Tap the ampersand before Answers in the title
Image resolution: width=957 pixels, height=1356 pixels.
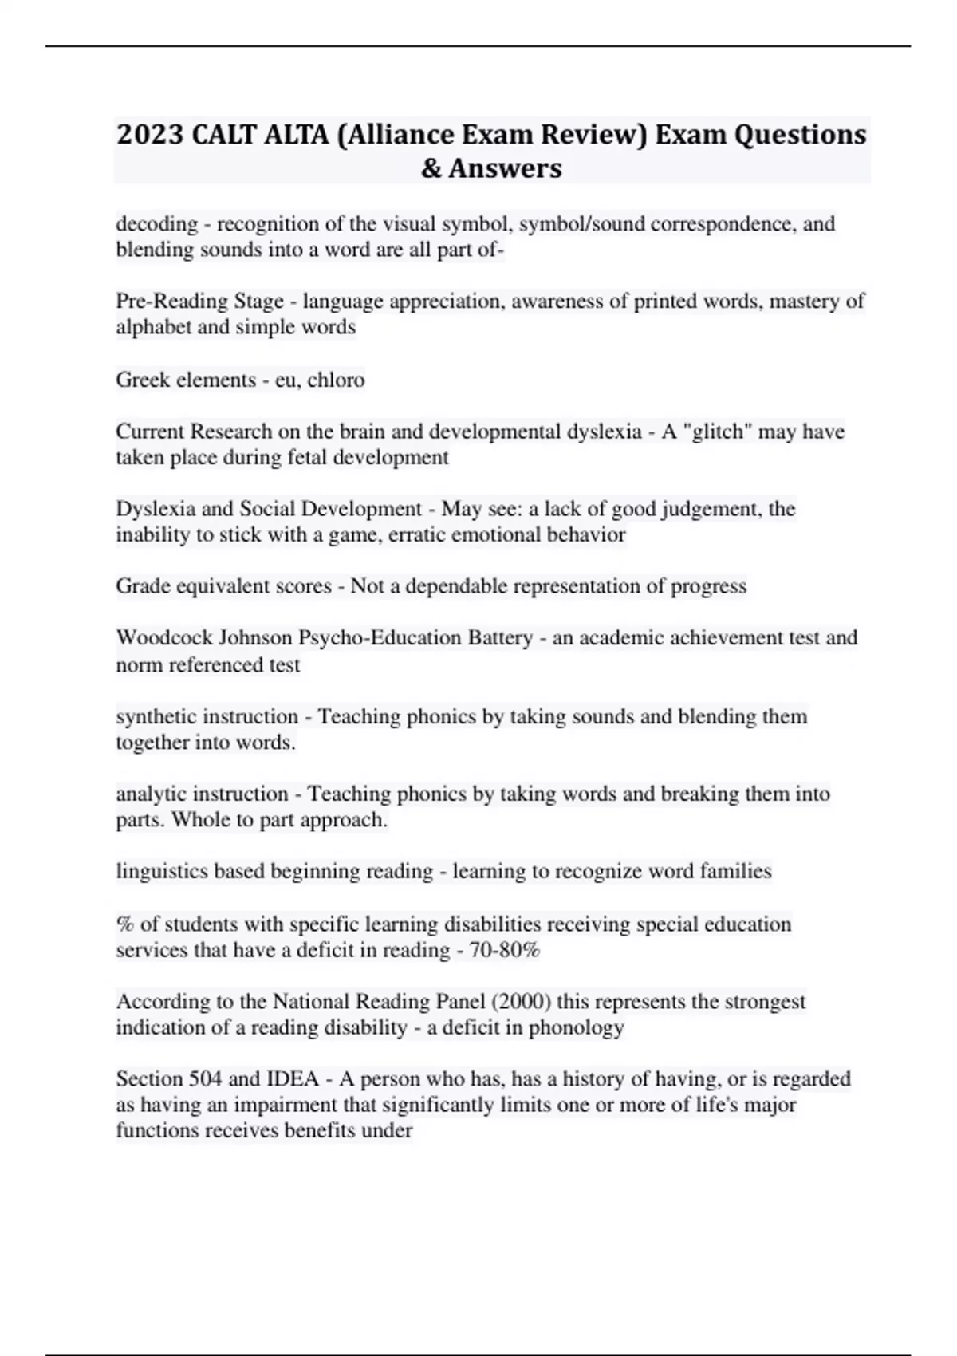(x=431, y=168)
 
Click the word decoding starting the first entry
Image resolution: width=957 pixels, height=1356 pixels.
(x=156, y=223)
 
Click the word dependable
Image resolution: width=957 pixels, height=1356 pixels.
(x=451, y=586)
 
